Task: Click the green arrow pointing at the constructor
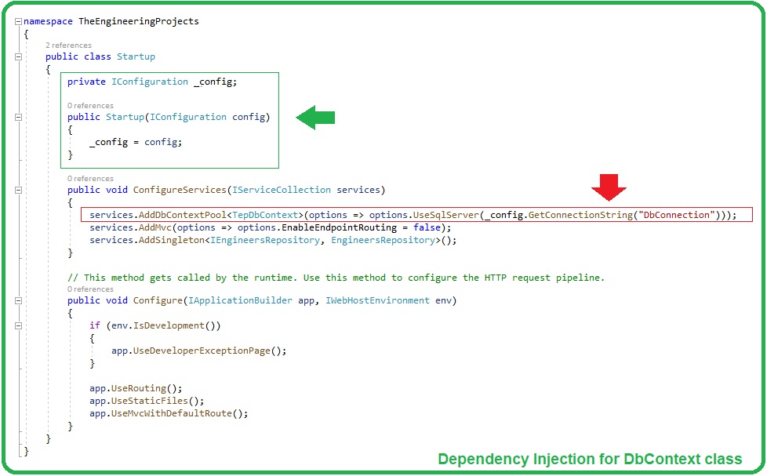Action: [315, 118]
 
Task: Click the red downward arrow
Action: [609, 187]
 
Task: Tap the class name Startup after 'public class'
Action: [136, 56]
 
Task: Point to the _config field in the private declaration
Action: [214, 82]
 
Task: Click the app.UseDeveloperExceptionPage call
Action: [198, 351]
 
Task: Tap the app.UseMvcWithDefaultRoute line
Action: [168, 413]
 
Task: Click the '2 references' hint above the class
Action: [68, 45]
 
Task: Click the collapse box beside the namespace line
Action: [18, 21]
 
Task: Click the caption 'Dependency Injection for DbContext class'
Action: [590, 459]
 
